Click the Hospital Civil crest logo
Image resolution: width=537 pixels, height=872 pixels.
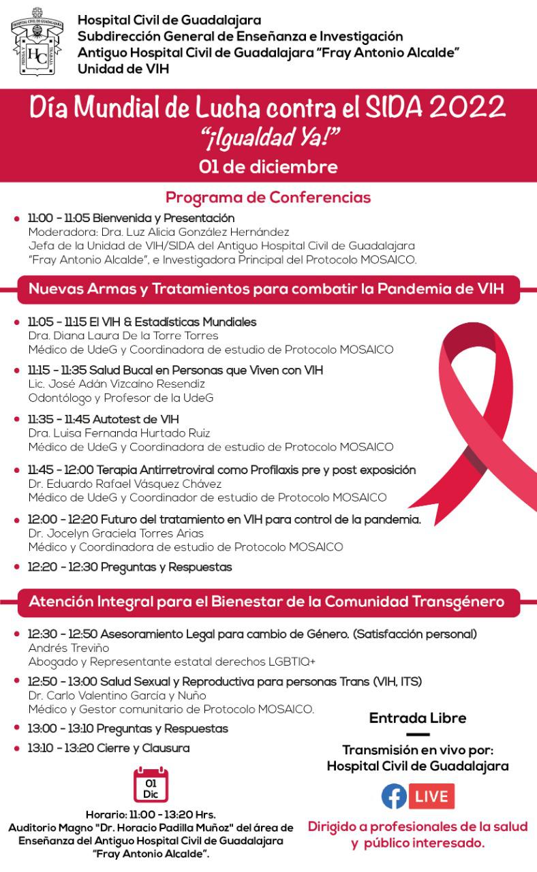(37, 43)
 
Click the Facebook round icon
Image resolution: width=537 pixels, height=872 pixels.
(394, 796)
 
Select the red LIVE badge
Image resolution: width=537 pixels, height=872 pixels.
(432, 796)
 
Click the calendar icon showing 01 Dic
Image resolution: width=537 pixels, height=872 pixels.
(151, 784)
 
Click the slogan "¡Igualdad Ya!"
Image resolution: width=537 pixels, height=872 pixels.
(268, 139)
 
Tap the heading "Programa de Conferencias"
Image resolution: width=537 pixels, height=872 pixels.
(268, 198)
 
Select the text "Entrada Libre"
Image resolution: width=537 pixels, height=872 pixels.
(418, 718)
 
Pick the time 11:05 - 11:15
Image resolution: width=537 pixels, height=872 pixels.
(57, 322)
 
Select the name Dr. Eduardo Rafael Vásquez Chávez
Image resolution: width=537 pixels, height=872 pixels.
(125, 484)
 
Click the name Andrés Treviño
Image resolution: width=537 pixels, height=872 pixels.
(68, 648)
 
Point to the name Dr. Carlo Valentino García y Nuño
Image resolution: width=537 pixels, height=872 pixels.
(117, 696)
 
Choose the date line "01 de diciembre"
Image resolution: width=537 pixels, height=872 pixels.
(268, 166)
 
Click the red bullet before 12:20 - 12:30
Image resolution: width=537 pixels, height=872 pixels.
(17, 567)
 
